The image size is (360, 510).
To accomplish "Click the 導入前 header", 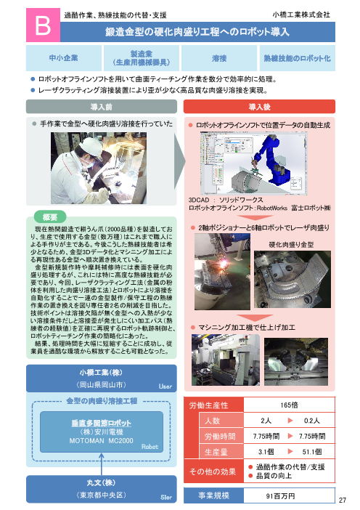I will point(100,107).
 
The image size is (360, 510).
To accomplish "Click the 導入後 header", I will point(260,107).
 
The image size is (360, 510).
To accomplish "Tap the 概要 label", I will point(51,216).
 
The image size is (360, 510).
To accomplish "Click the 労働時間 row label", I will point(216,436).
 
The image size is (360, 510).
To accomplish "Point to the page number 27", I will point(344,499).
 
